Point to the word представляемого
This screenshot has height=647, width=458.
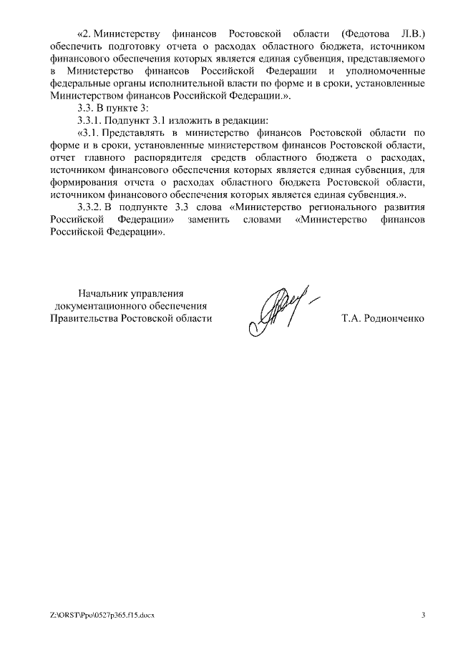pos(387,60)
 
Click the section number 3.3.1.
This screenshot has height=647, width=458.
pos(92,119)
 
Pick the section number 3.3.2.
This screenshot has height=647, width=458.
pos(92,207)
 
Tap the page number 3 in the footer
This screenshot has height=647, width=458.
pos(423,616)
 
